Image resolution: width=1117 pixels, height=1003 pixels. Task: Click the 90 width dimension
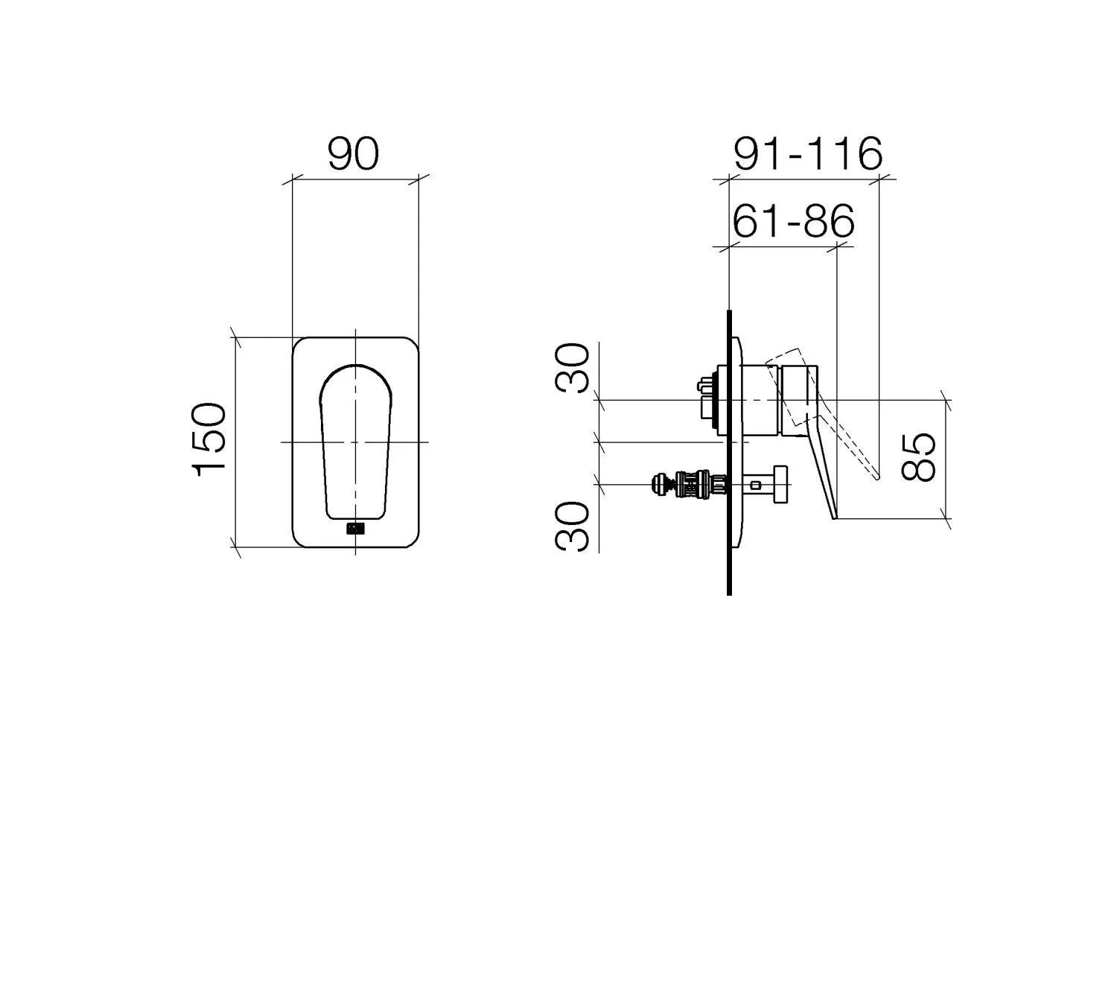click(353, 153)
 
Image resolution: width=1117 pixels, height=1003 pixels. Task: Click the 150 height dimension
click(209, 440)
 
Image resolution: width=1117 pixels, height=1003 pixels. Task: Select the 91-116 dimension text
click(808, 154)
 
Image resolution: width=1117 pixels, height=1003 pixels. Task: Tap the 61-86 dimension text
click(793, 221)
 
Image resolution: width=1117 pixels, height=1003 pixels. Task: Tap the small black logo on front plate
click(355, 529)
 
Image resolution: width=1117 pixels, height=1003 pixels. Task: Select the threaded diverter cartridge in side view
click(689, 485)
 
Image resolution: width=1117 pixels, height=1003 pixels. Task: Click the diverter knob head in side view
click(780, 485)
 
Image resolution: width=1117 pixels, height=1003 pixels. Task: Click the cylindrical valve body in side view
click(760, 400)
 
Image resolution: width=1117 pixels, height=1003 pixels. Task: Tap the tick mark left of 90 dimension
click(292, 179)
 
